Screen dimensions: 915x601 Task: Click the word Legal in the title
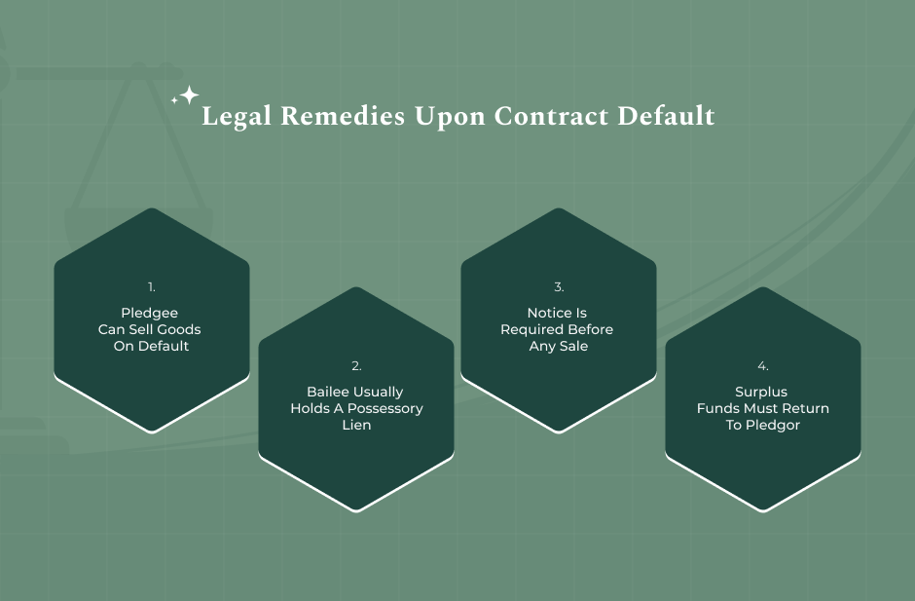(x=237, y=116)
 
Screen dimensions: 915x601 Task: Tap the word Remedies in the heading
(x=343, y=115)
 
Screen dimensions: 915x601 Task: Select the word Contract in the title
(x=551, y=116)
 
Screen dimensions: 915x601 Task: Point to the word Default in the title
(x=666, y=115)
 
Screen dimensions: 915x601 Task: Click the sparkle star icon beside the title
(x=186, y=95)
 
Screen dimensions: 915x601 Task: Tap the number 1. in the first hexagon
(x=152, y=286)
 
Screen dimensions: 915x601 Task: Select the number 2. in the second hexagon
(x=356, y=365)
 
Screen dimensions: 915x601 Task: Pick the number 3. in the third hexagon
(x=559, y=286)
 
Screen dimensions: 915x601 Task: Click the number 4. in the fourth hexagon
(x=763, y=365)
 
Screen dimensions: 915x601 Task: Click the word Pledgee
(x=149, y=314)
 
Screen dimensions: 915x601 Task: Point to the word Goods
(x=179, y=329)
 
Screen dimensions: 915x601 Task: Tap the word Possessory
(x=385, y=409)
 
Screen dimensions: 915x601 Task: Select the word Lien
(x=356, y=425)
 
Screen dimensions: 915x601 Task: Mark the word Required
(x=529, y=330)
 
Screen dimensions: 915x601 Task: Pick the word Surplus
(x=761, y=392)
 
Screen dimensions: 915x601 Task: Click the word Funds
(x=715, y=408)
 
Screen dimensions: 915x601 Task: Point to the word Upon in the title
(x=450, y=117)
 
